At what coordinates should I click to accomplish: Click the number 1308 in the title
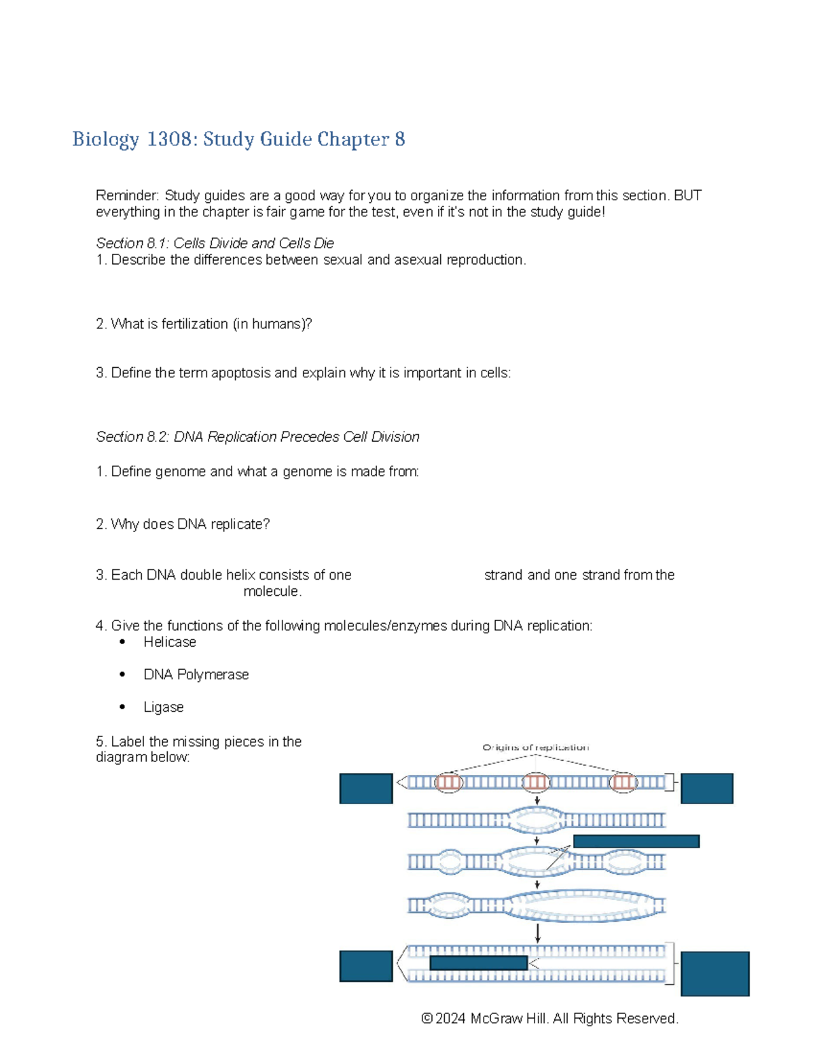coord(168,139)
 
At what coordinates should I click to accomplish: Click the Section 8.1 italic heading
coord(215,243)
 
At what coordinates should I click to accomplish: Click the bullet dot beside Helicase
coord(122,641)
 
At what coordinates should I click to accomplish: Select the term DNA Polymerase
coord(196,674)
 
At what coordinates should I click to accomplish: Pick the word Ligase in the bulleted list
coord(163,707)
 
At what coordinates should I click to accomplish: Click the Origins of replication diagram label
coord(535,747)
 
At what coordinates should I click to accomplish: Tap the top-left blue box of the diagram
coord(365,788)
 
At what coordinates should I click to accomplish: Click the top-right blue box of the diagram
coord(706,788)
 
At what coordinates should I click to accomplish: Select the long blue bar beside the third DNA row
coord(636,841)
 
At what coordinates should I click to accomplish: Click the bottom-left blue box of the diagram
coord(365,966)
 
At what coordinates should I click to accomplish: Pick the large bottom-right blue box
coord(714,973)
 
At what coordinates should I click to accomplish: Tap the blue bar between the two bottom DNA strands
coord(478,962)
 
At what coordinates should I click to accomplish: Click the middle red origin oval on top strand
coord(536,783)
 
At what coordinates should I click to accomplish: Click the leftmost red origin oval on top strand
coord(448,783)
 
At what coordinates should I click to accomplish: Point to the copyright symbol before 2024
coord(427,1018)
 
